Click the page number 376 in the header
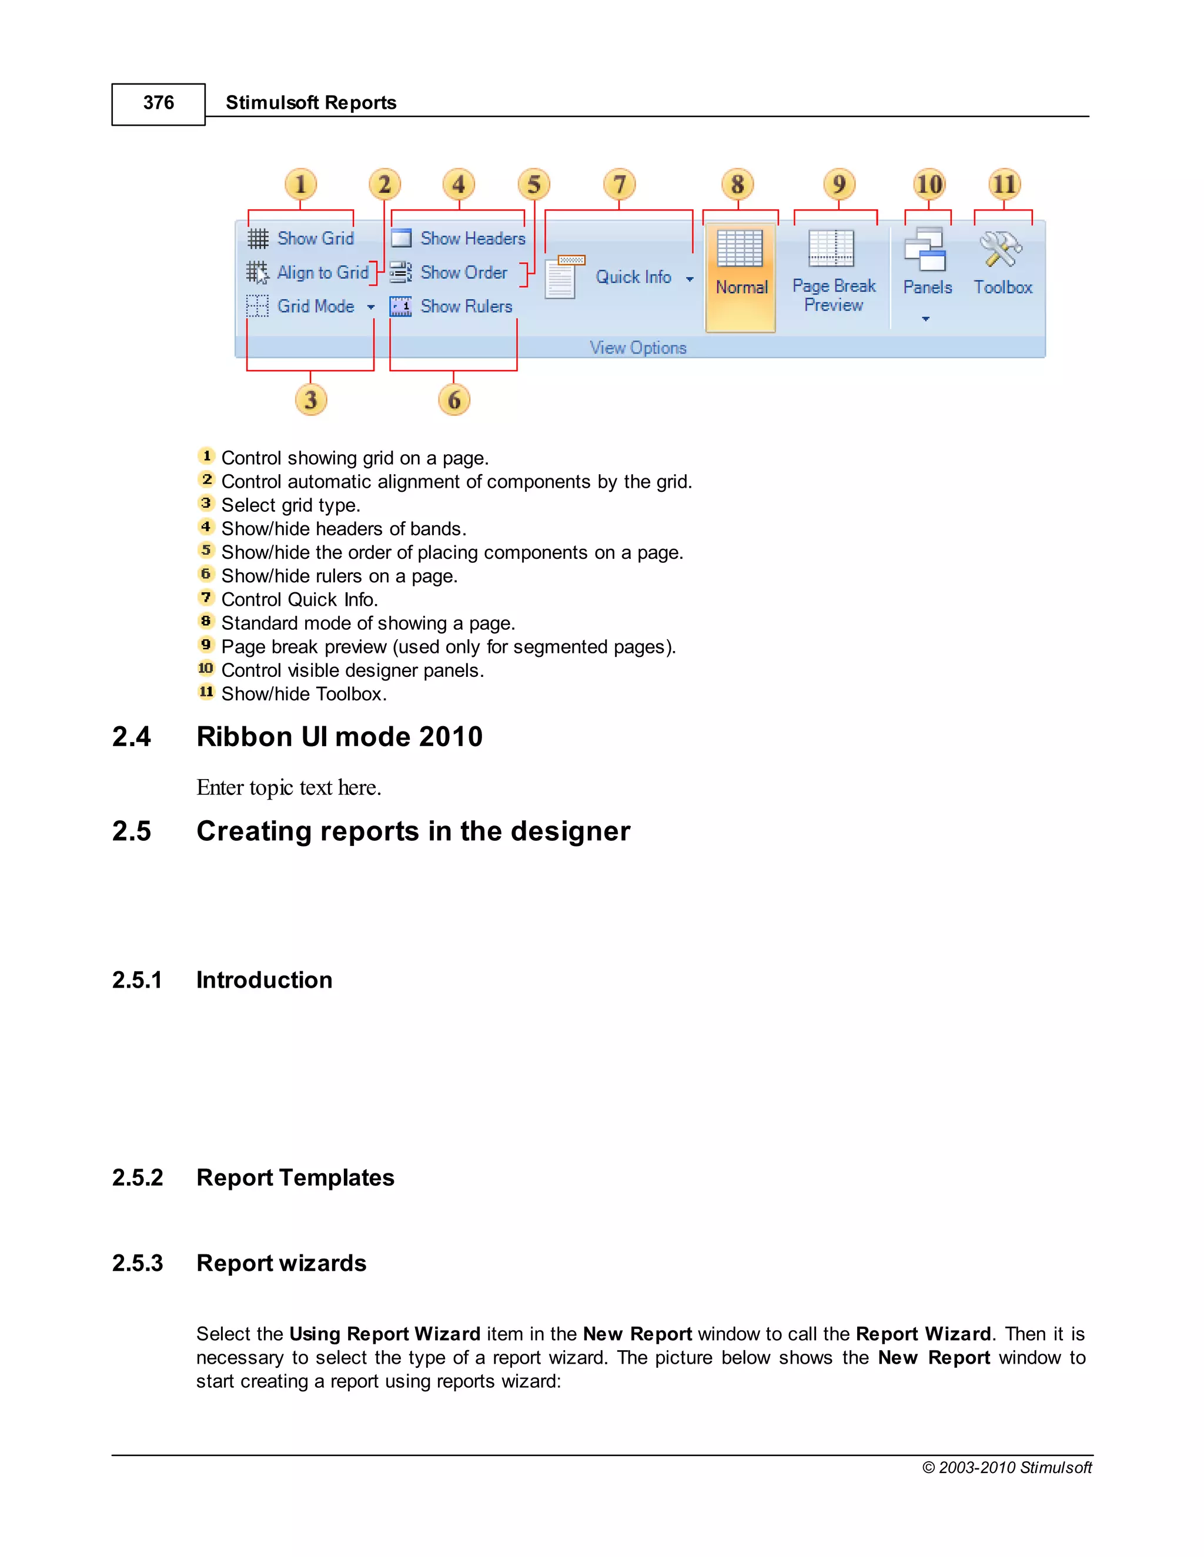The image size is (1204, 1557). pyautogui.click(x=158, y=103)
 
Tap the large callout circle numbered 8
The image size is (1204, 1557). pyautogui.click(x=738, y=184)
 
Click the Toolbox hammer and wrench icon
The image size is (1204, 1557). pyautogui.click(x=1001, y=250)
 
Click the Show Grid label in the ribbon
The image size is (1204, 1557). pyautogui.click(x=315, y=238)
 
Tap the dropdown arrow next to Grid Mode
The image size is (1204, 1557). pyautogui.click(x=371, y=307)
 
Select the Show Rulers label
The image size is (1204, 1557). pyautogui.click(x=466, y=307)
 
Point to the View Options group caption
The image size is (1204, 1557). pyautogui.click(x=638, y=348)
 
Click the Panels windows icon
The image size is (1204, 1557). pyautogui.click(x=925, y=250)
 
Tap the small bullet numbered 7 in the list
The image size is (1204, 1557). pyautogui.click(x=206, y=598)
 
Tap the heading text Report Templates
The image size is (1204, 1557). pyautogui.click(x=295, y=1177)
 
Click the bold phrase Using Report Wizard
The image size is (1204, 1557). pyautogui.click(x=384, y=1334)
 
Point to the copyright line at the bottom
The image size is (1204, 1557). pyautogui.click(x=1006, y=1468)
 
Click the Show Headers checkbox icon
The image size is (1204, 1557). pyautogui.click(x=401, y=238)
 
